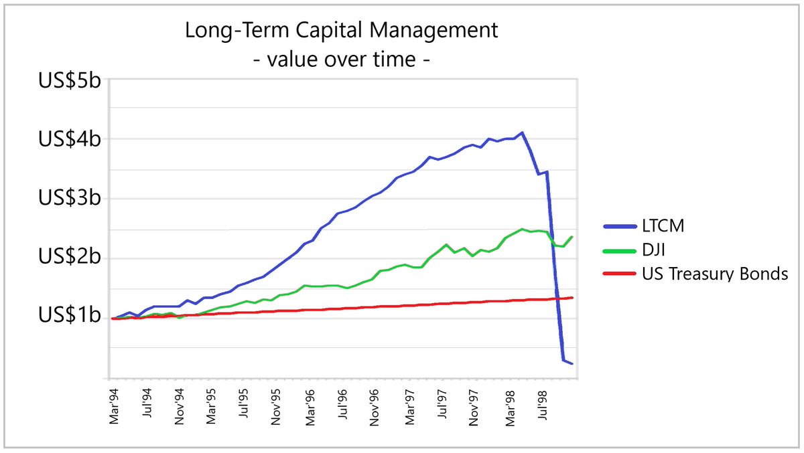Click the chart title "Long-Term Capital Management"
point(342,31)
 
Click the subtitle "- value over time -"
point(342,60)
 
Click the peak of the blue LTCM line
point(522,132)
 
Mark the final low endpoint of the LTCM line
point(572,363)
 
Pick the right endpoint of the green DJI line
point(572,237)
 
